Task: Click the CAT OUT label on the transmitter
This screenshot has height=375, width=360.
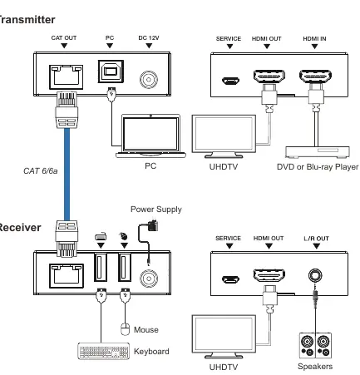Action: (x=64, y=37)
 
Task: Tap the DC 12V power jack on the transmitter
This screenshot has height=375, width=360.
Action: (x=149, y=80)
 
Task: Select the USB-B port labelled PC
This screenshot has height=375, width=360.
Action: (x=111, y=72)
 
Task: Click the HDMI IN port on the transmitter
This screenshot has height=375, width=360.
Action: (x=315, y=76)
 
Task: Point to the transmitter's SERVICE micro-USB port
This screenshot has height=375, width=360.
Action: (x=230, y=81)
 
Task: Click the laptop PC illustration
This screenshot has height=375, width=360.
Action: (x=150, y=136)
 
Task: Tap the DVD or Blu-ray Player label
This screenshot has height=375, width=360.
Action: (x=318, y=167)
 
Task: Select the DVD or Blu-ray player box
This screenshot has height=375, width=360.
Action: (x=318, y=152)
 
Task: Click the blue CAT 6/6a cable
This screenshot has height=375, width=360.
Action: (x=67, y=175)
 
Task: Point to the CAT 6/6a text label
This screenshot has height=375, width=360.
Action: (x=41, y=171)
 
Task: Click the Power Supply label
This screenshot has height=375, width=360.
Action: (x=156, y=210)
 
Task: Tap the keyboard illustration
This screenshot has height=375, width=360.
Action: (x=104, y=351)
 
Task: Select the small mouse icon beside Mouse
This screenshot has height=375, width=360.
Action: (x=125, y=329)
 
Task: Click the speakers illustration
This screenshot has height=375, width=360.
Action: (x=315, y=345)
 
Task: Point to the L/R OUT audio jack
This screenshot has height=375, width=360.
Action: (x=315, y=275)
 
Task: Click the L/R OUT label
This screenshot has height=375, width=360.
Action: (x=316, y=239)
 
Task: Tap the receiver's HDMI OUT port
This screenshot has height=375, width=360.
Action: (x=269, y=275)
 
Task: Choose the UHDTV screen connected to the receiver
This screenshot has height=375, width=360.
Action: (x=224, y=336)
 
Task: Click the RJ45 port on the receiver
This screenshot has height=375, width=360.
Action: (x=67, y=276)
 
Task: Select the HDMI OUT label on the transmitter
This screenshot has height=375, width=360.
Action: (x=266, y=39)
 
